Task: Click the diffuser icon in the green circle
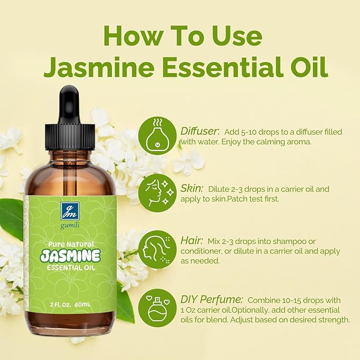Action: tap(157, 136)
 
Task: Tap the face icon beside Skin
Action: tap(157, 192)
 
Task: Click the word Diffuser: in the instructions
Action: tap(199, 131)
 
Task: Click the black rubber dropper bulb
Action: tap(69, 100)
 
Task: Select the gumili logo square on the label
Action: tap(70, 212)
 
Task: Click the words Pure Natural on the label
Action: tap(70, 243)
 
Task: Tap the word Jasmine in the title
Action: tap(100, 68)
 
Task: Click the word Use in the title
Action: tap(235, 36)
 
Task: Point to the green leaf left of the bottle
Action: tap(12, 217)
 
